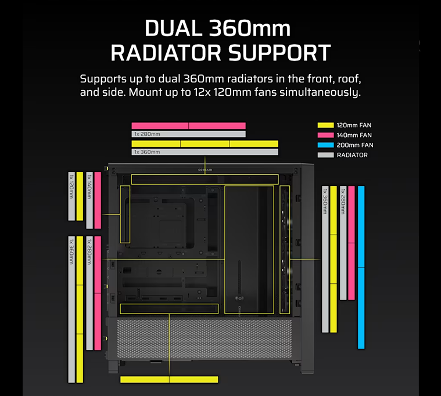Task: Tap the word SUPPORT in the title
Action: (279, 53)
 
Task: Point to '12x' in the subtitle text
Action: (202, 92)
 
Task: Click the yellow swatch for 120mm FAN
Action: (326, 125)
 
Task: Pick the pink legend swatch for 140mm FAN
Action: (326, 135)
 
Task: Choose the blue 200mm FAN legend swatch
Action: (326, 145)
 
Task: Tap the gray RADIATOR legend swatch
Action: (326, 155)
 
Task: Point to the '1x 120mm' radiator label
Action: (71, 186)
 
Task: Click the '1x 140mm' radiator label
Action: (89, 186)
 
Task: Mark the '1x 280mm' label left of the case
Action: (89, 251)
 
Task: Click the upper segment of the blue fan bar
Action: (361, 226)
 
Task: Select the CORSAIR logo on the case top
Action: (205, 170)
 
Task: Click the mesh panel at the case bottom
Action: (205, 338)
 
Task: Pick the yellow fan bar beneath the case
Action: (169, 379)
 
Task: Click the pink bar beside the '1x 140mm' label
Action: (98, 200)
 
